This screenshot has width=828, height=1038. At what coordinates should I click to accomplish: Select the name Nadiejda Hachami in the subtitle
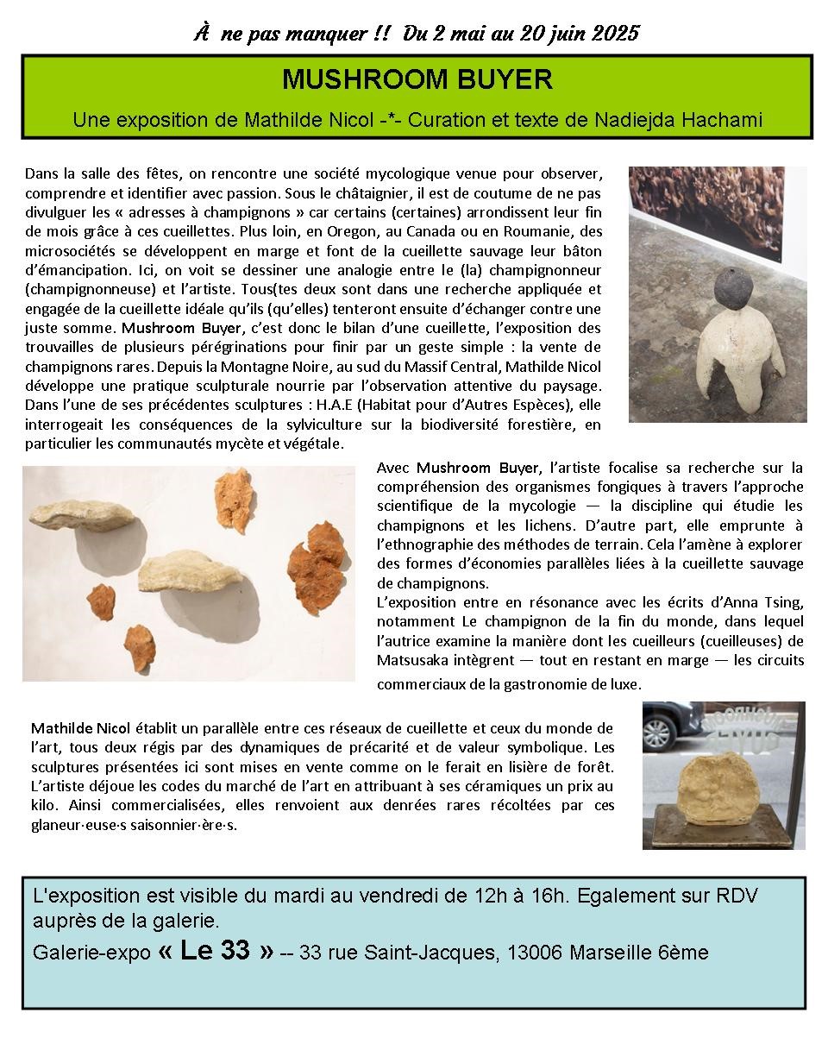(679, 120)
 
